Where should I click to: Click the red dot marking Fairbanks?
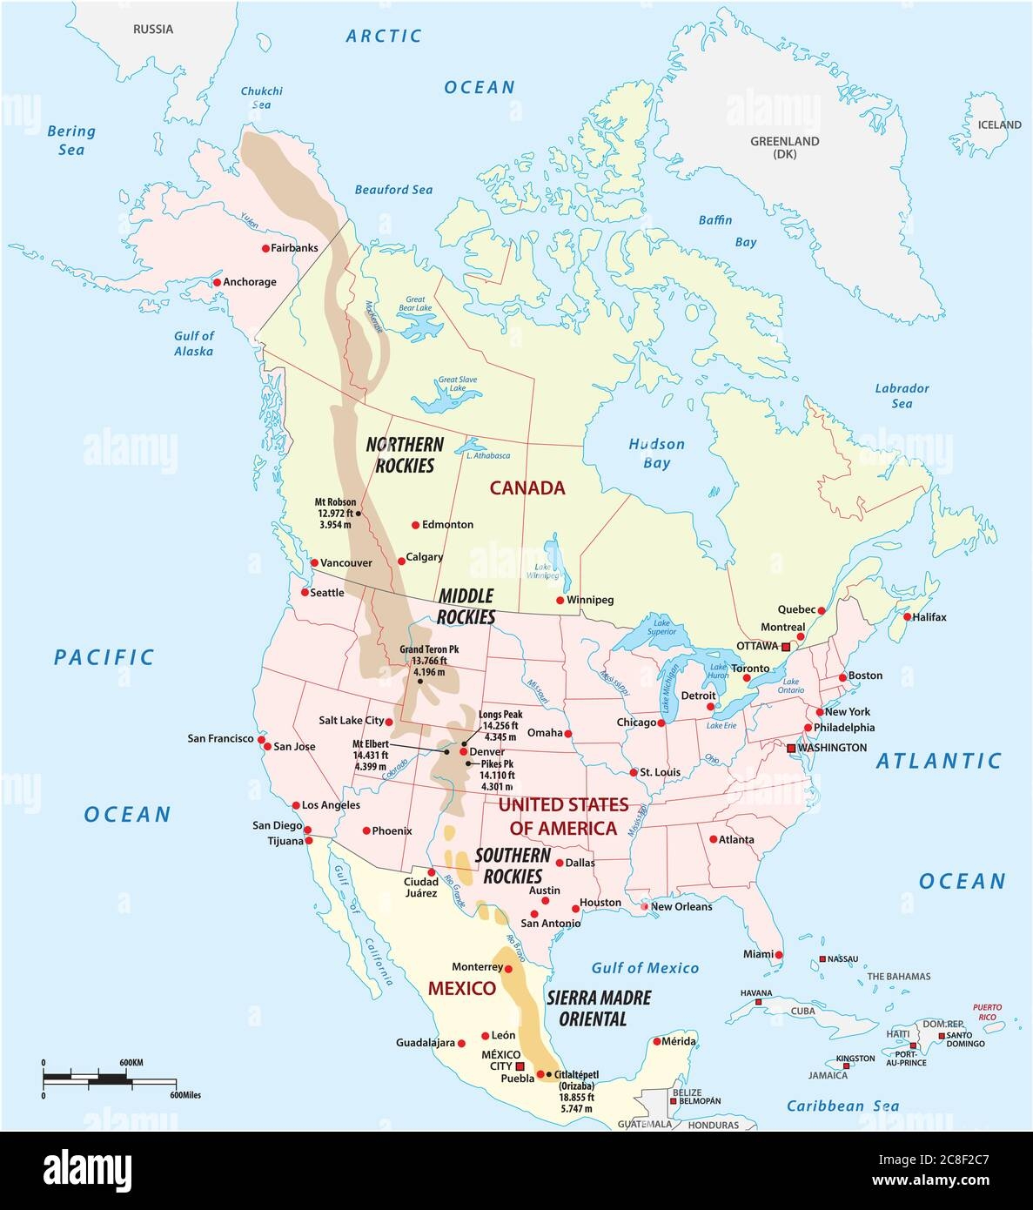click(265, 248)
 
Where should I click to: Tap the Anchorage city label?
click(250, 282)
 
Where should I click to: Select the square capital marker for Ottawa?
click(786, 647)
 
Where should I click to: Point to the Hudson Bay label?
click(656, 454)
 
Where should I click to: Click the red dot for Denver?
click(464, 751)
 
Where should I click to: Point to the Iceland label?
click(999, 125)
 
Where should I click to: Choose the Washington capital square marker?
click(791, 748)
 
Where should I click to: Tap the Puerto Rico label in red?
click(987, 1012)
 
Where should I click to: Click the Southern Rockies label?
click(513, 864)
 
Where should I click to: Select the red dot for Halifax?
click(907, 617)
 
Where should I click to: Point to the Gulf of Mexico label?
click(645, 968)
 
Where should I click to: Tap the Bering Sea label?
click(70, 140)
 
